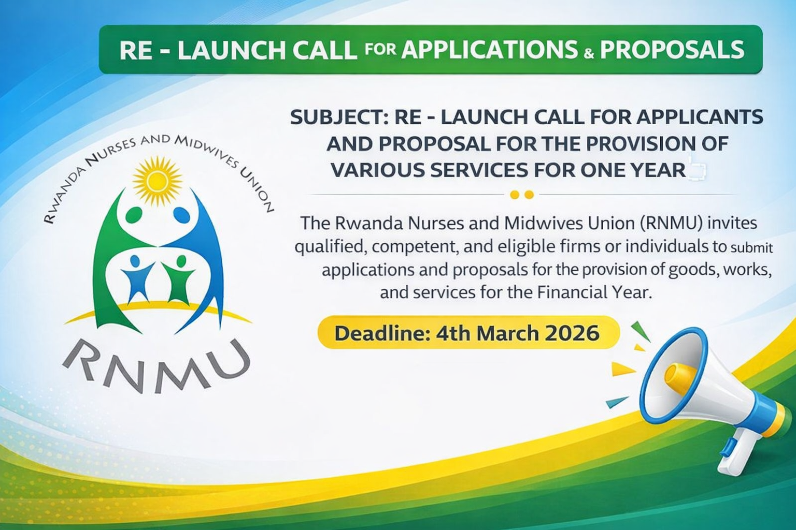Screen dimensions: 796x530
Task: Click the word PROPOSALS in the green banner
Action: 672,50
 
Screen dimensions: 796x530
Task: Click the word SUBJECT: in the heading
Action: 339,117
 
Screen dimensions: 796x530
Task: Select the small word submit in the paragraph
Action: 752,247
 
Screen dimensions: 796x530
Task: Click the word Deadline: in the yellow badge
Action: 380,333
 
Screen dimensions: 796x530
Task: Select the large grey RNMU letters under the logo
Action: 157,365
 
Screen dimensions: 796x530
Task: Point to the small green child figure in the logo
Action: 177,278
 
